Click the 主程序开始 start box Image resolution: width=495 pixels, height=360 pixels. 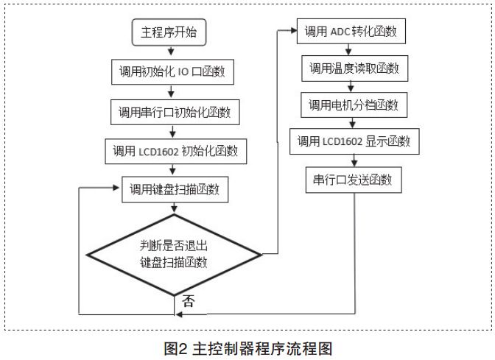tap(169, 32)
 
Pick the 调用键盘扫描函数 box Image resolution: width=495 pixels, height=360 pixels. tap(175, 190)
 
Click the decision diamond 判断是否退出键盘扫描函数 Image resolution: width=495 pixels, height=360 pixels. tap(174, 254)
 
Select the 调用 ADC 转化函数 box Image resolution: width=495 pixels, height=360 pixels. tap(352, 32)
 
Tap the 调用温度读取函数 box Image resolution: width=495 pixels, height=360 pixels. tap(354, 68)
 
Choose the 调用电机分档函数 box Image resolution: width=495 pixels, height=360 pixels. tap(354, 105)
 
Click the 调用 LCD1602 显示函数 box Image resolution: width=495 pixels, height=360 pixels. tap(354, 141)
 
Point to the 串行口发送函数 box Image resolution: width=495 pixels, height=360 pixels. tap(354, 180)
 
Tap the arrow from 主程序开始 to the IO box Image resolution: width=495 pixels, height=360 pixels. tap(171, 52)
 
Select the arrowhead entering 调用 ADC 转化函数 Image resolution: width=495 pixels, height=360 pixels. tap(292, 32)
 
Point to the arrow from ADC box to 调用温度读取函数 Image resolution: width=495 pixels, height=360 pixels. tap(354, 50)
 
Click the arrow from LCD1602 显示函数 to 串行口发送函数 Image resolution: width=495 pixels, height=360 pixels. tap(354, 160)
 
